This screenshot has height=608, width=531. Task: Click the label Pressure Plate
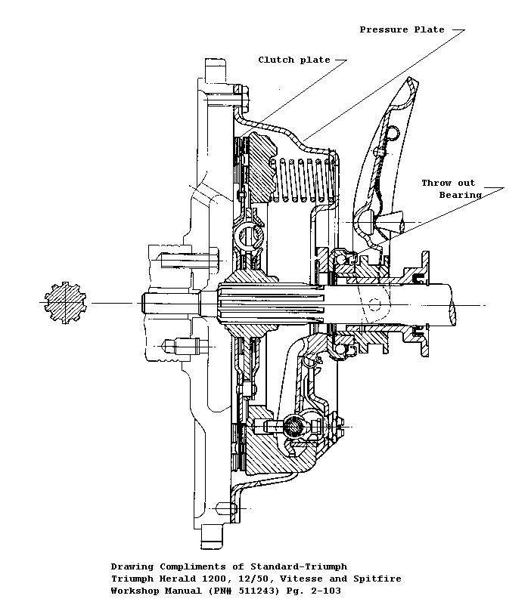402,29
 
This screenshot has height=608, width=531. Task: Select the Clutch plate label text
293,60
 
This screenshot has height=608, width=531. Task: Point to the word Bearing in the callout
460,195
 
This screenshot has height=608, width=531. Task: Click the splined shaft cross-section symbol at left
64,304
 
